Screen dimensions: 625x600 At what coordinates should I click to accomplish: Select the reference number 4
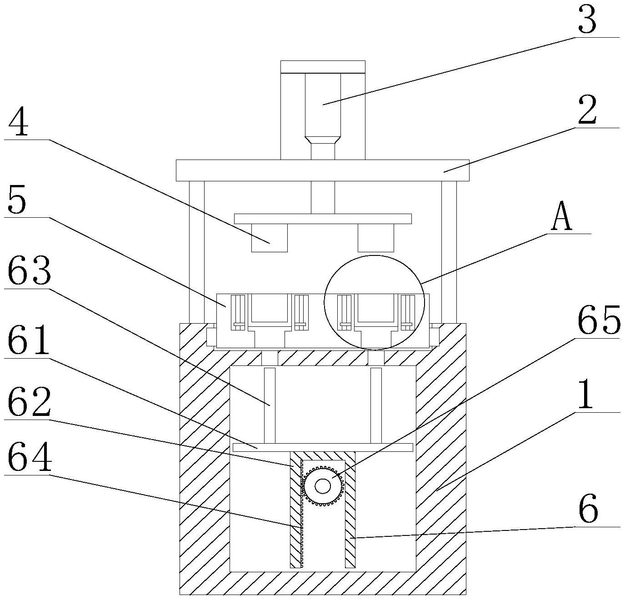click(19, 122)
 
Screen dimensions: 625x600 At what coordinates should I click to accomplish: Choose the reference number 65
click(599, 319)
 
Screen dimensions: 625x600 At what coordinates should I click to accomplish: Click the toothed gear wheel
click(322, 487)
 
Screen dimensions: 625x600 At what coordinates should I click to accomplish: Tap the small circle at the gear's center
click(322, 487)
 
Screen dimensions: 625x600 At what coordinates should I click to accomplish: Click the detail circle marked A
click(374, 302)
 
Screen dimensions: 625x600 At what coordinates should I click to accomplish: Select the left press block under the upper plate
click(269, 238)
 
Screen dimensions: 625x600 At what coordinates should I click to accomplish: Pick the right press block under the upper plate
click(376, 238)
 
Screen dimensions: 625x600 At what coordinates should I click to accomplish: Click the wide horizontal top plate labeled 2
click(322, 170)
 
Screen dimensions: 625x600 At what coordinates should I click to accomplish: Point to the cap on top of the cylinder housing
click(323, 67)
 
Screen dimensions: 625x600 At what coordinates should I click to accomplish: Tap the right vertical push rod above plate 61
click(376, 405)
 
